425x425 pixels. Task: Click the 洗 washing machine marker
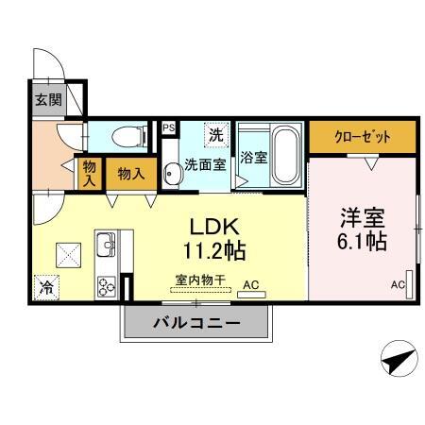pos(215,134)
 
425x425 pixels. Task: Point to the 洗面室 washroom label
pos(205,163)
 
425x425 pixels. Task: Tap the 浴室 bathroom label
pos(253,157)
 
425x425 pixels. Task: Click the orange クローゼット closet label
pos(363,136)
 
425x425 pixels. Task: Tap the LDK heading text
pos(218,228)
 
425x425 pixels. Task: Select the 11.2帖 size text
pos(218,252)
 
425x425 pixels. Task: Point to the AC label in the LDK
pos(251,283)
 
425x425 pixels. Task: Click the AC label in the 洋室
pos(398,284)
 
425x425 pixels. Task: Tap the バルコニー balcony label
pos(196,323)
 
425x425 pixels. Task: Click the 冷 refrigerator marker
pos(44,286)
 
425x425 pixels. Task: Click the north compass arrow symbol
pos(399,359)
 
